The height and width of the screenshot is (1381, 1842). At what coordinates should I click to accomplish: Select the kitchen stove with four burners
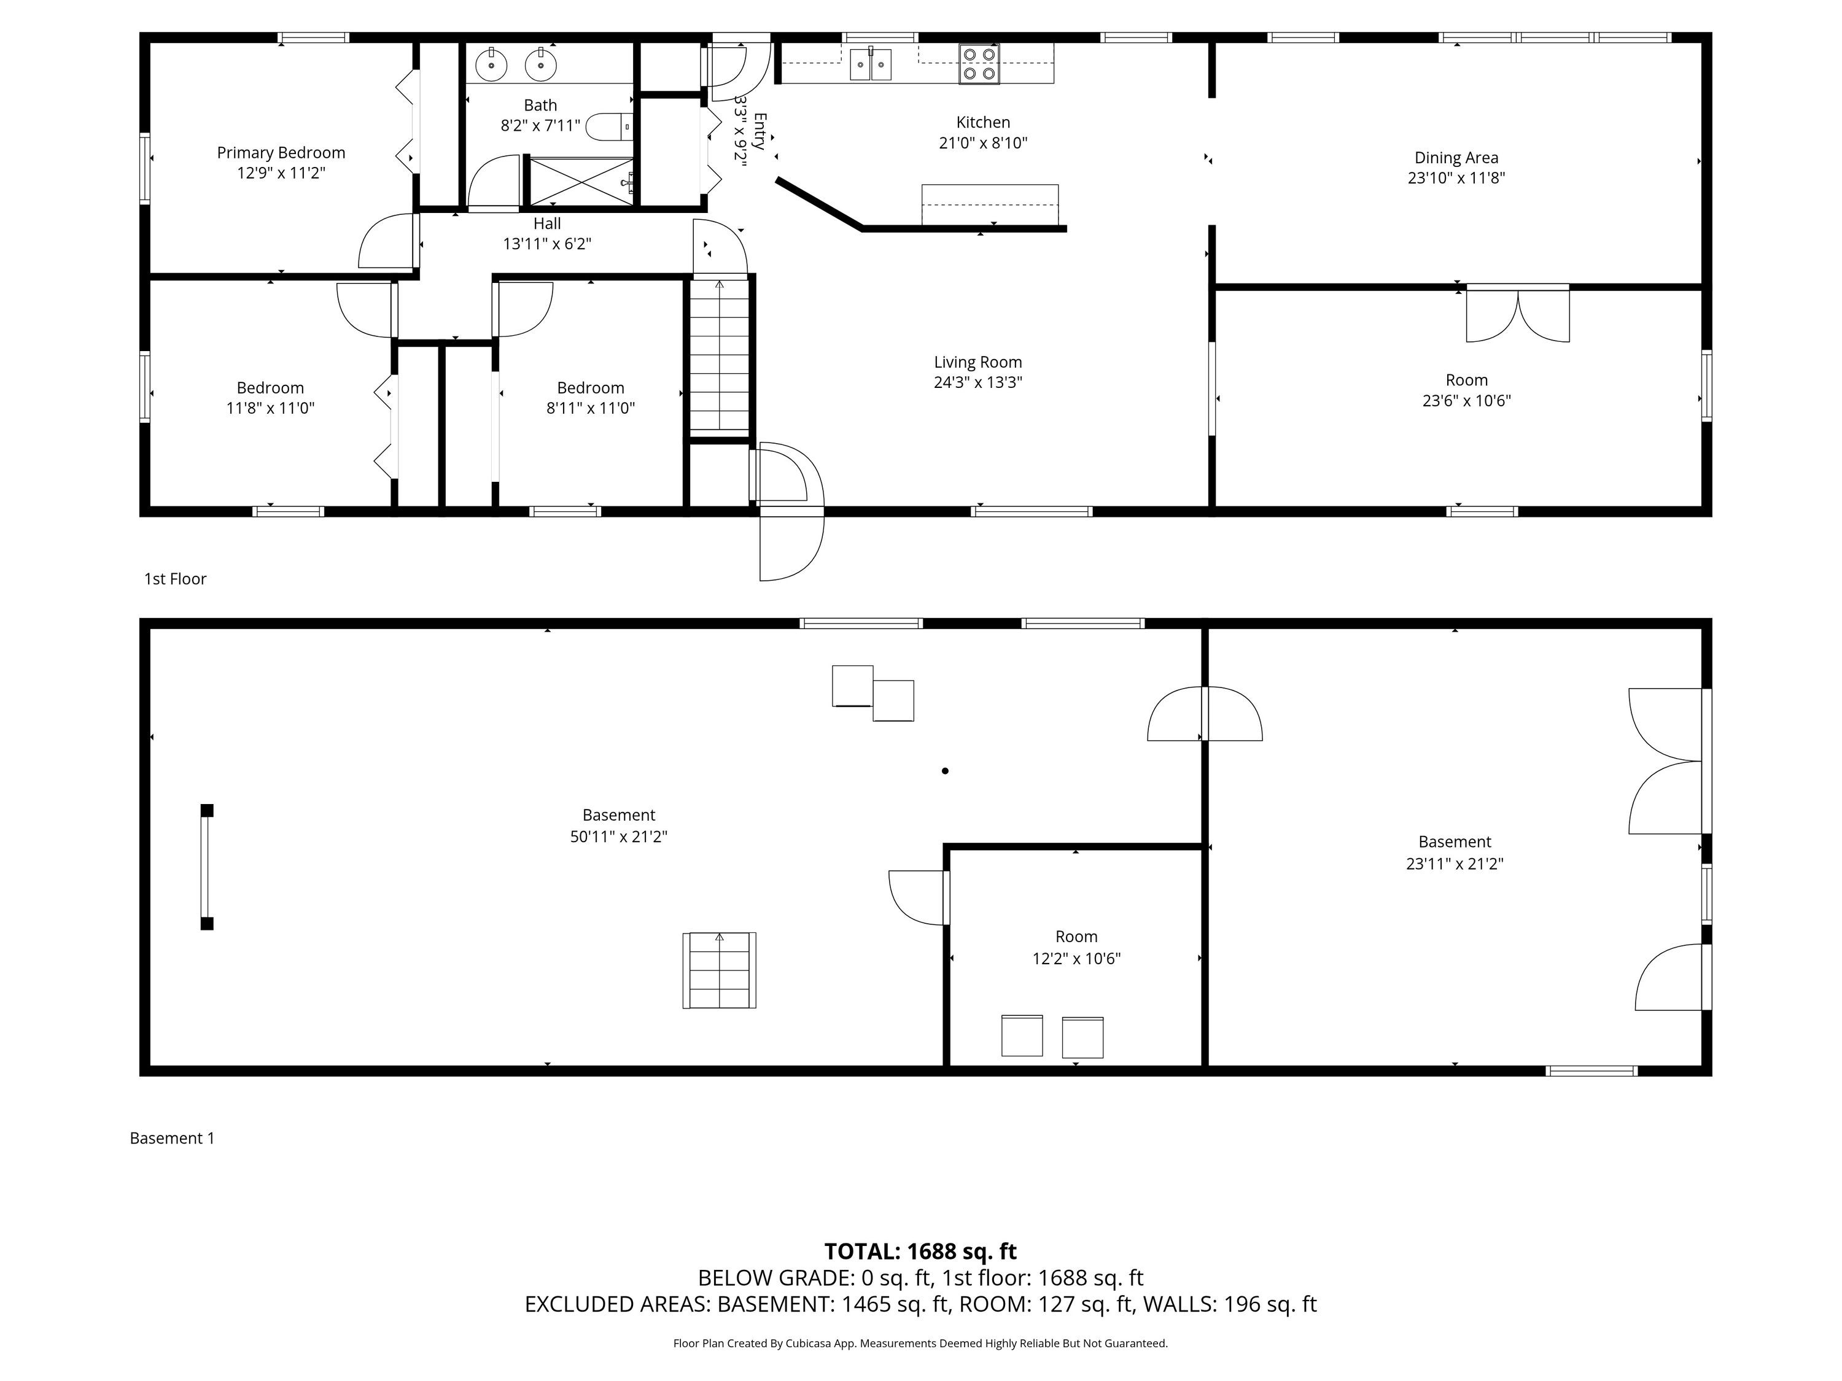[x=979, y=64]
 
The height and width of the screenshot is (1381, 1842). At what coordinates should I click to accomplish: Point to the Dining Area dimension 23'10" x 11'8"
[x=1456, y=178]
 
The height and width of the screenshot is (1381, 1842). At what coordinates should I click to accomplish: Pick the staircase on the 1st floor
[x=720, y=356]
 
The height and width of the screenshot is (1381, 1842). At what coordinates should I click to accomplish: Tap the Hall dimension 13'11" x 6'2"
[x=547, y=244]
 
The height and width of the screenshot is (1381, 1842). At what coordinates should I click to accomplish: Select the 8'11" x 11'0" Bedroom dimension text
[x=591, y=408]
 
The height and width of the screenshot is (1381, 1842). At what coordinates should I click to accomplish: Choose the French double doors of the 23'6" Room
[x=1517, y=314]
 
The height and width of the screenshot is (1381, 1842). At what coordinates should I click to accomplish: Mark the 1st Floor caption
[x=175, y=579]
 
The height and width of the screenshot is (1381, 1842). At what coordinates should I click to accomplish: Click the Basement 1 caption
[x=173, y=1138]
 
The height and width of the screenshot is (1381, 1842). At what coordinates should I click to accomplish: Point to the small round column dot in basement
[x=945, y=771]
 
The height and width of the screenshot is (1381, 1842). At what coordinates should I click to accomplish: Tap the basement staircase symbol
[x=720, y=970]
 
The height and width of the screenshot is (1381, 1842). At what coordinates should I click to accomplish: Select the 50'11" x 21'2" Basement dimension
[x=619, y=837]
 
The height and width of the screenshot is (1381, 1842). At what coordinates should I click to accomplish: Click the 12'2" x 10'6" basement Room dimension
[x=1077, y=958]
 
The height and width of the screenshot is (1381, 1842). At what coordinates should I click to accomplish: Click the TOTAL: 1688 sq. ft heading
[x=920, y=1251]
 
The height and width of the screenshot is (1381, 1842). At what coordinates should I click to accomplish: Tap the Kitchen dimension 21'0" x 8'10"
[x=984, y=143]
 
